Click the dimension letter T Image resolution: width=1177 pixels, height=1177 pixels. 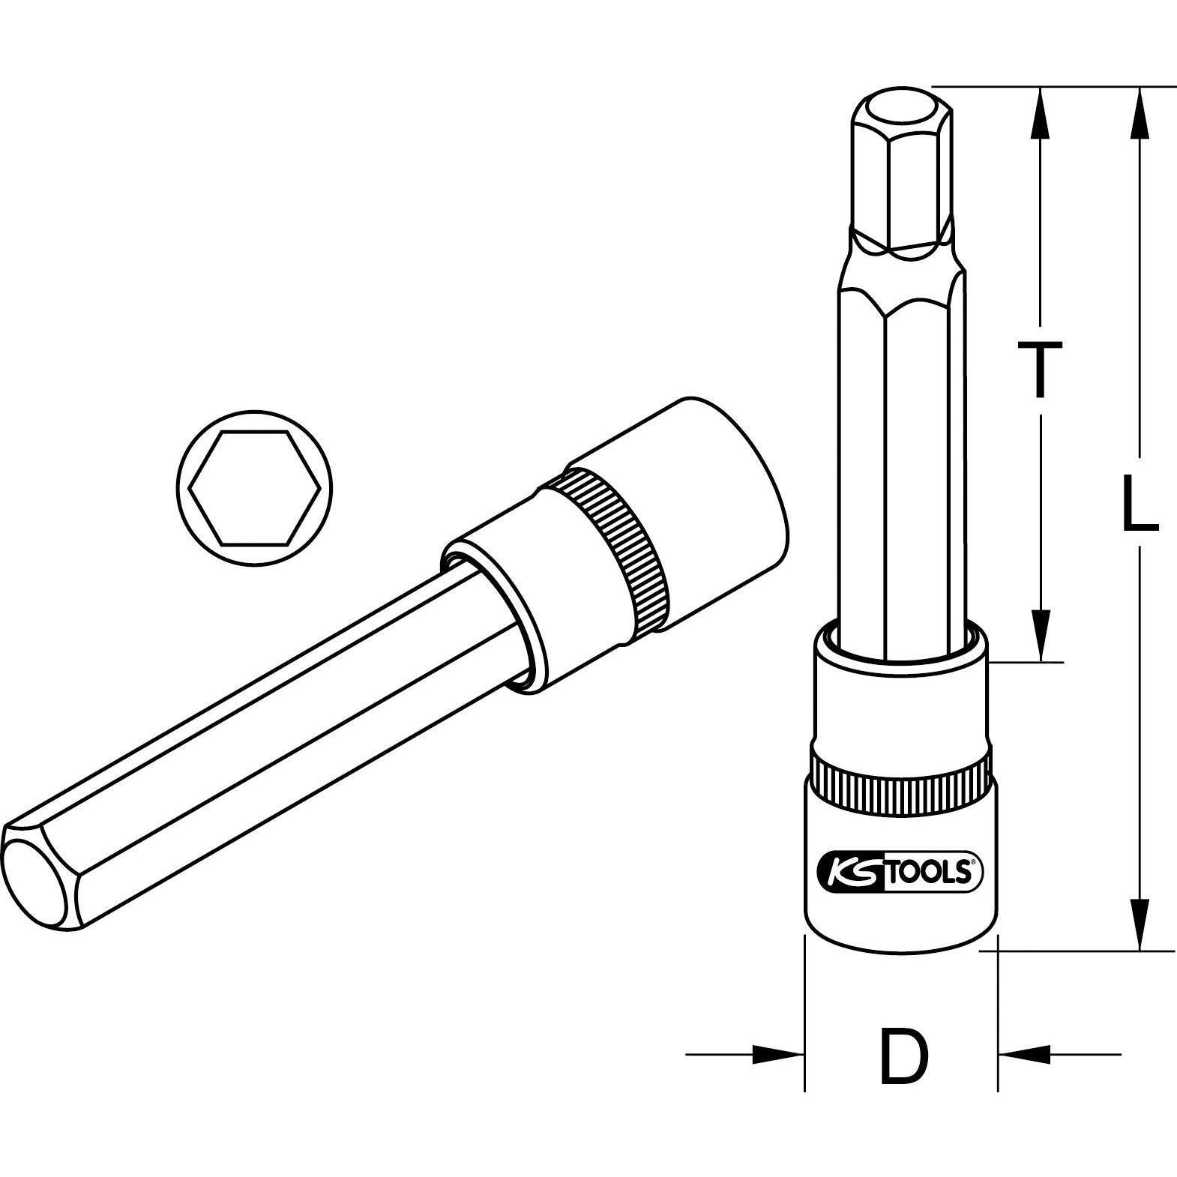click(1038, 369)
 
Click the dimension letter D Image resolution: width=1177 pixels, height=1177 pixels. click(903, 1057)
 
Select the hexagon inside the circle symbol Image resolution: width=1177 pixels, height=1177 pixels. click(255, 488)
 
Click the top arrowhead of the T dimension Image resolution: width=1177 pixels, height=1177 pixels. click(1040, 112)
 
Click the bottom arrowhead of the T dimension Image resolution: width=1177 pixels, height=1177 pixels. click(1040, 636)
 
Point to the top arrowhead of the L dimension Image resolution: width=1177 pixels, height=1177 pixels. click(1140, 112)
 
